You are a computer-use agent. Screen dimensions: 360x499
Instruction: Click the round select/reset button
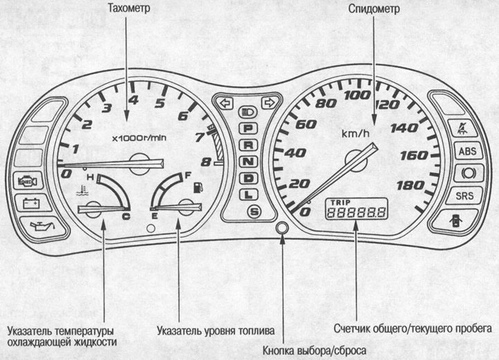(281, 229)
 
